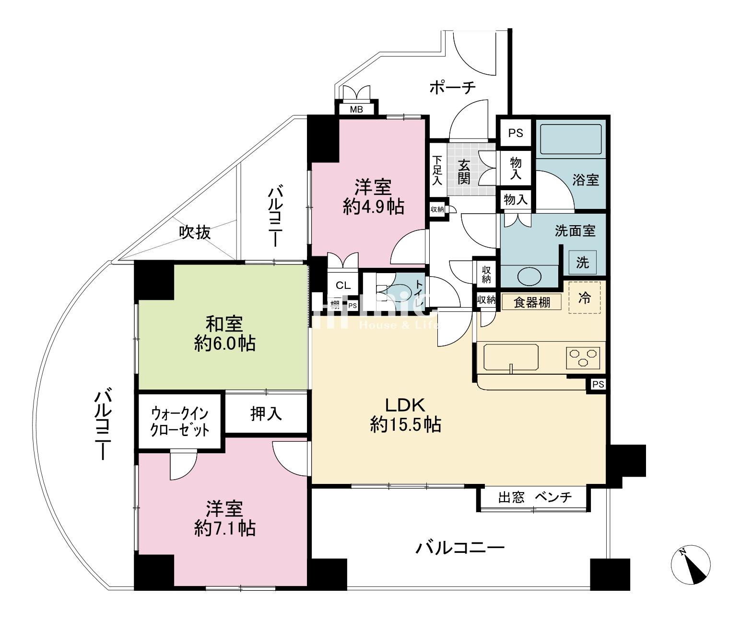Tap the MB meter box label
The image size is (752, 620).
pos(356,109)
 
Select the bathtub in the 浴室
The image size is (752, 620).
pos(570,139)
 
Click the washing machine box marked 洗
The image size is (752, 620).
pos(582,263)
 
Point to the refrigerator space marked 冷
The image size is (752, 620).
pos(584,298)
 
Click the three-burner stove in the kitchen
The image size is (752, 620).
pos(583,357)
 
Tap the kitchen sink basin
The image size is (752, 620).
pos(511,357)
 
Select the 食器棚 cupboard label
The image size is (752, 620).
pos(531,302)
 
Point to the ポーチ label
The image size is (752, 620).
pos(452,88)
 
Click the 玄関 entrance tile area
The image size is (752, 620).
pos(463,170)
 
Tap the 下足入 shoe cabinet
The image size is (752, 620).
pos(437,170)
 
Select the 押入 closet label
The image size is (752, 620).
pos(266,413)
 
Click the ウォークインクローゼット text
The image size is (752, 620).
pos(180,421)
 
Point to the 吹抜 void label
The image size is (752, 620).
pos(195,232)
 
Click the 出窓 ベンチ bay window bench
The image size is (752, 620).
pos(534,497)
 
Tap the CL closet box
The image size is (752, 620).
pos(343,286)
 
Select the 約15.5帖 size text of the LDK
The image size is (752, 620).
pos(405,425)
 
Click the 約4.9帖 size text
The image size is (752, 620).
pos(373,207)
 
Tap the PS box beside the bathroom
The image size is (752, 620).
pos(516,133)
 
